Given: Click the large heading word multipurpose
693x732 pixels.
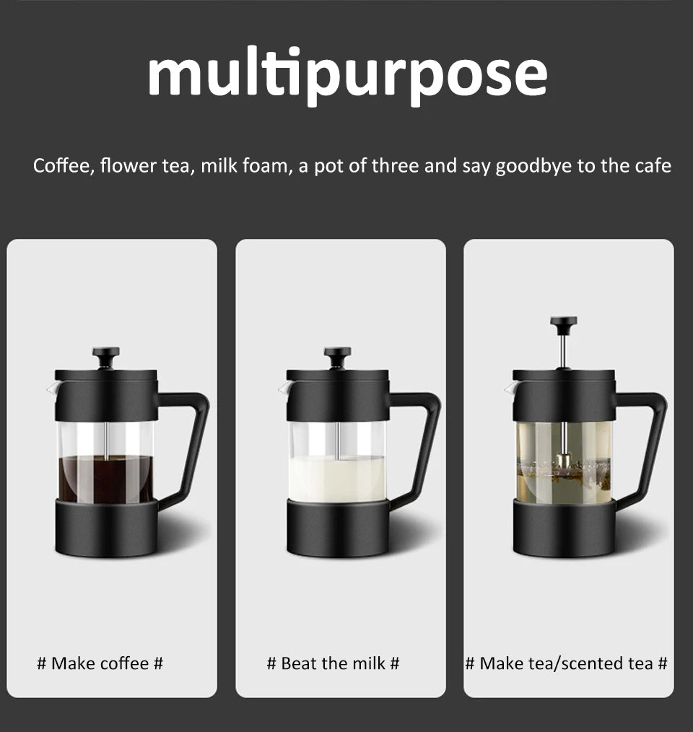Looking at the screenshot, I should coord(347,74).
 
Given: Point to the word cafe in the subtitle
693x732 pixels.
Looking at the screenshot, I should coord(653,166).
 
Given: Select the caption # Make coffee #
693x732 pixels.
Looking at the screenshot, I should coord(100,663).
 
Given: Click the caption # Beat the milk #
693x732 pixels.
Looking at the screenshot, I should coord(333,663).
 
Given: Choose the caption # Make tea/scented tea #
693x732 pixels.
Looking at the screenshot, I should coord(566,663).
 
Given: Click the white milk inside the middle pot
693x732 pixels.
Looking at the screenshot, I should coord(337,478).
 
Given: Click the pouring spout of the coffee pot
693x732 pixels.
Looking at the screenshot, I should coord(51,389).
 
